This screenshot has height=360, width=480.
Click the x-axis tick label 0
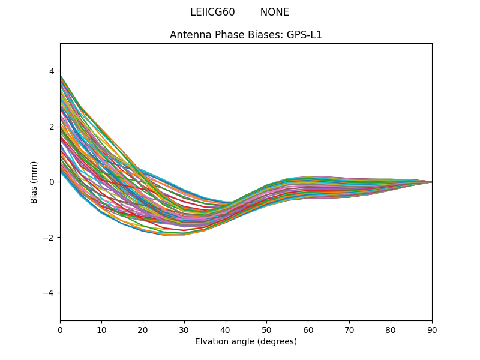(60, 329)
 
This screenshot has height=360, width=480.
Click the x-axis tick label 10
(101, 329)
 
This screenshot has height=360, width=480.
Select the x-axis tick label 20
(143, 329)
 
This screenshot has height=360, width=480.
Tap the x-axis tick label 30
(184, 329)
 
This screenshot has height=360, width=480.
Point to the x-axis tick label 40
(226, 329)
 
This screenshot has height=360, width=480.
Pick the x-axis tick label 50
(266, 329)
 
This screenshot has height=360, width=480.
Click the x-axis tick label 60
(308, 329)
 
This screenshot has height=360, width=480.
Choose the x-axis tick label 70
(349, 329)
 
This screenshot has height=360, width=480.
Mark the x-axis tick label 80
(391, 329)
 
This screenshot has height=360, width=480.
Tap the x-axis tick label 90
(432, 329)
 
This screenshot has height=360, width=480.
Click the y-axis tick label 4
(51, 71)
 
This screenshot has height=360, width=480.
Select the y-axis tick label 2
(51, 127)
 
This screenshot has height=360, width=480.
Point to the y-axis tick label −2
(49, 238)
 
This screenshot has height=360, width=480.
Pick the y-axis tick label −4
(49, 293)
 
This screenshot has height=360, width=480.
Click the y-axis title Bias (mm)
(34, 182)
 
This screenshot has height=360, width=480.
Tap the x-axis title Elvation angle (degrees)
(246, 341)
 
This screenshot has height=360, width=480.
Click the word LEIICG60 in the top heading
(212, 12)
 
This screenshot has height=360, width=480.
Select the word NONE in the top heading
(274, 12)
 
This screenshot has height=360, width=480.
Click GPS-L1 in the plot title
(305, 35)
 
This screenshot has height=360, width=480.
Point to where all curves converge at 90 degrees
(431, 182)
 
